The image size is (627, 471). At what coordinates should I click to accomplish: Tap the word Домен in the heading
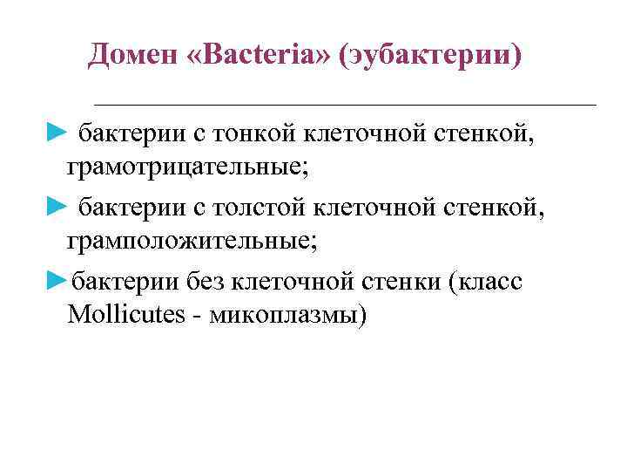click(131, 57)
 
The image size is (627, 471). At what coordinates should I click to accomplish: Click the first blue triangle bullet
click(56, 133)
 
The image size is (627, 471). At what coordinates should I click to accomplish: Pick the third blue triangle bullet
click(56, 282)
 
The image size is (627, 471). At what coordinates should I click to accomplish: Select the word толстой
click(258, 208)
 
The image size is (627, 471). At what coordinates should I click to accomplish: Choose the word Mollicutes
click(125, 315)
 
